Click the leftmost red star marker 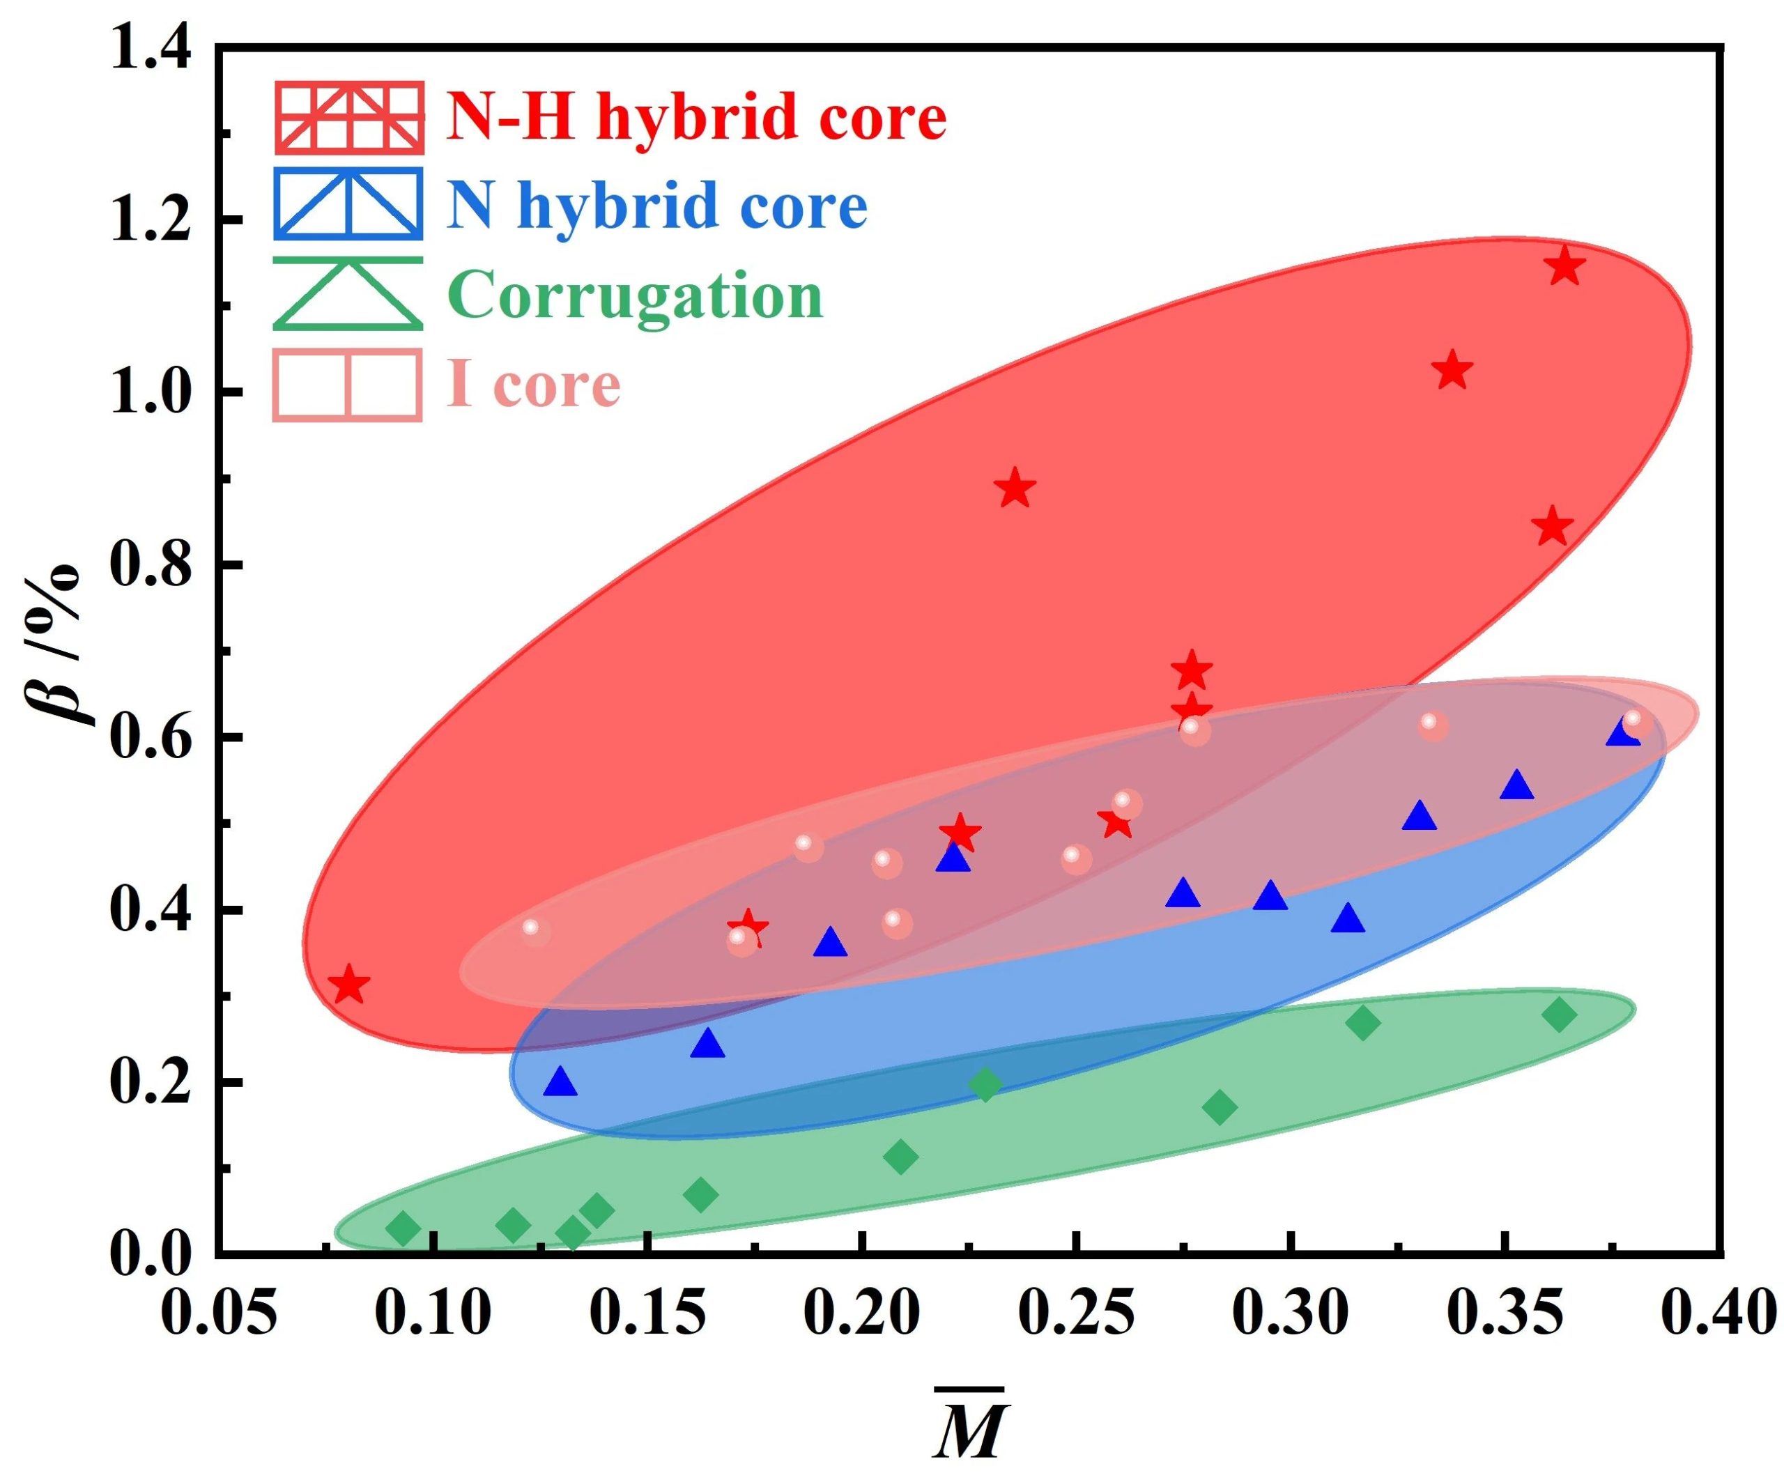[x=348, y=985]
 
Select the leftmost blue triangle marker [x=560, y=1082]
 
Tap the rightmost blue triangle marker [x=1622, y=732]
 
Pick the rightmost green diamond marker [x=1560, y=1015]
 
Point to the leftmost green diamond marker [x=403, y=1228]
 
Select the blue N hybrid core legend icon [x=348, y=204]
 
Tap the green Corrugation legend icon [x=348, y=294]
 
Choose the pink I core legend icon [x=348, y=385]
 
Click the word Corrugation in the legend [x=636, y=295]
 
